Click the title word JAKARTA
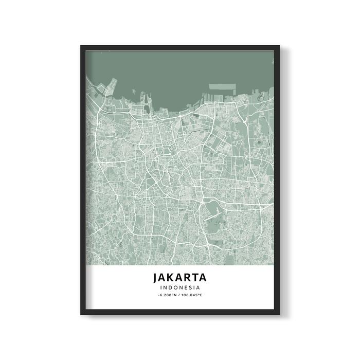point(179,277)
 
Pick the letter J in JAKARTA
point(156,277)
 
